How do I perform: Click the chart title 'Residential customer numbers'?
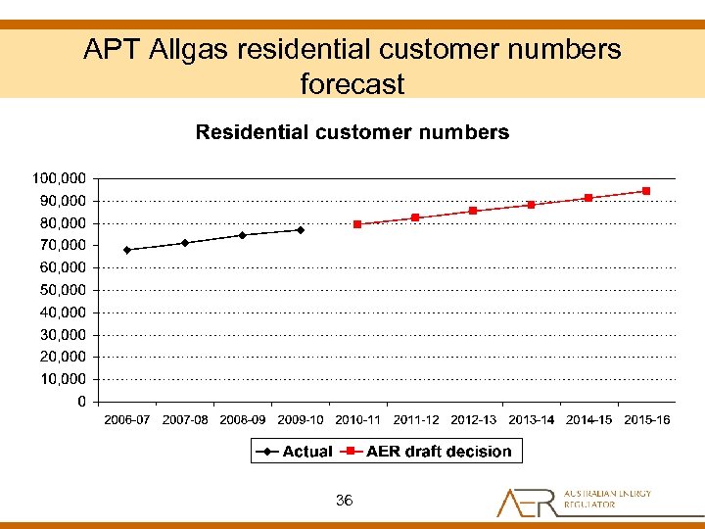352,132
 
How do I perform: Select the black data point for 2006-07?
127,250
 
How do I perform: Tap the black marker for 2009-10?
301,230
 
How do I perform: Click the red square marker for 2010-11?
357,224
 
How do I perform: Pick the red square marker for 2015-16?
646,191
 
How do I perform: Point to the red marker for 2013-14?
531,205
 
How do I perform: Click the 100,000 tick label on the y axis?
60,178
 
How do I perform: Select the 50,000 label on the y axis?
60,290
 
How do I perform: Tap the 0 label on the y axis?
82,402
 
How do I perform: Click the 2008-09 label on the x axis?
243,420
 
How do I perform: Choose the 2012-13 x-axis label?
474,420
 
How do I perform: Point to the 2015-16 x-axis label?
646,420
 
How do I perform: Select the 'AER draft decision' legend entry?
439,452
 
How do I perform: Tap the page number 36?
344,501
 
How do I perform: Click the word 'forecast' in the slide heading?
352,83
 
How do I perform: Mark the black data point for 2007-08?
185,243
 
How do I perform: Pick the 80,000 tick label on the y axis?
60,223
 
